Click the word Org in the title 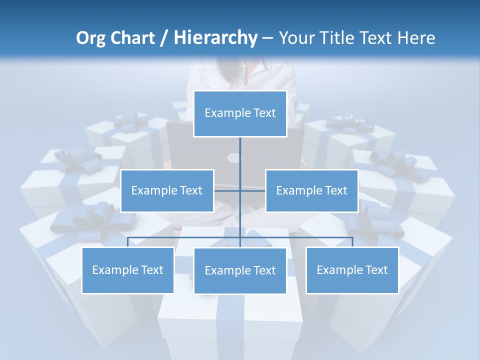click(91, 38)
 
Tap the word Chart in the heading click(132, 38)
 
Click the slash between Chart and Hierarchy click(164, 38)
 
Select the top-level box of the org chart click(240, 113)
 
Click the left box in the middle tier click(167, 190)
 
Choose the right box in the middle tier click(312, 190)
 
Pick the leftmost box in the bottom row click(128, 270)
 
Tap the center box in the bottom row click(240, 270)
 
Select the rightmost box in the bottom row click(352, 270)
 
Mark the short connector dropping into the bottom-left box click(128, 242)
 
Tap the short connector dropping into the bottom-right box click(352, 242)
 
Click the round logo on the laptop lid click(234, 158)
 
